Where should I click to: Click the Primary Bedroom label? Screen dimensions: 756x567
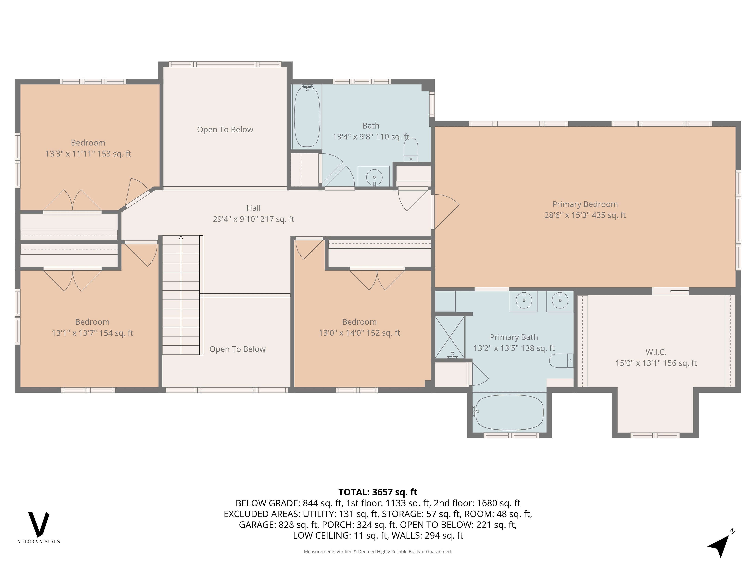(585, 204)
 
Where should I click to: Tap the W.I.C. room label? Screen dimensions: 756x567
(656, 352)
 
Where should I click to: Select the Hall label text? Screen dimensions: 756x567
(253, 208)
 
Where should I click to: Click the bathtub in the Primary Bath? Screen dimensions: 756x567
(509, 412)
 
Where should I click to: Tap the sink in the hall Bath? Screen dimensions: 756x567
(374, 177)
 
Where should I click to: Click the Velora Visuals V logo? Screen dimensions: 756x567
(39, 525)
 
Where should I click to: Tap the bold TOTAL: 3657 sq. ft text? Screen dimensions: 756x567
(378, 492)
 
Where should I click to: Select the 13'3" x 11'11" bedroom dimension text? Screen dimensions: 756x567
(88, 154)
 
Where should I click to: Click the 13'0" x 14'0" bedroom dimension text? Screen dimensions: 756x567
(359, 333)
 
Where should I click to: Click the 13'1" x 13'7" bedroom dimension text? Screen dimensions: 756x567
(92, 333)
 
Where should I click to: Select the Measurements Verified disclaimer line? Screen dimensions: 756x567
(378, 551)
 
